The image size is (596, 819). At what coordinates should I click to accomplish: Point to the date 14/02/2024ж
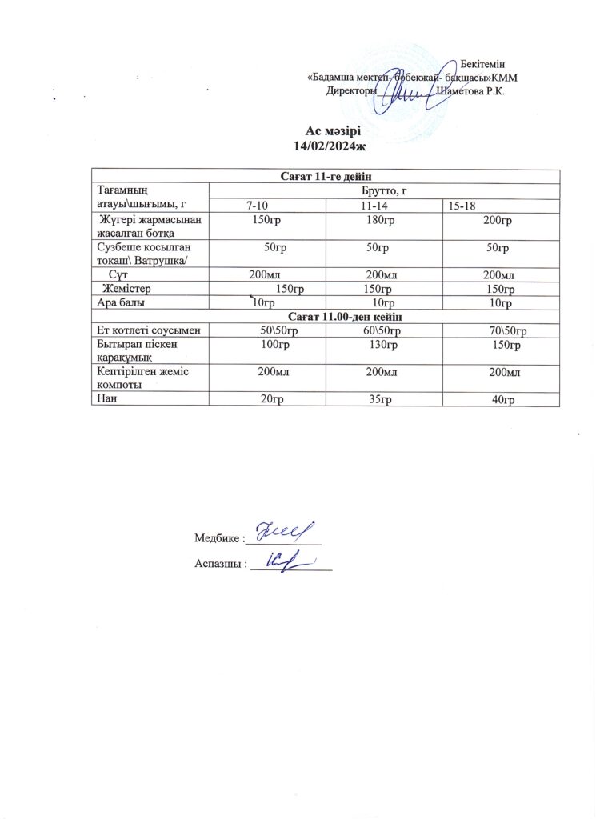(x=330, y=146)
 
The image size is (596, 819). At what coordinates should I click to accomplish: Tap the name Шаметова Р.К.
(x=473, y=91)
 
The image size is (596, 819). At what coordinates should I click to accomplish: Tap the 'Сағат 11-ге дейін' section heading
(x=326, y=176)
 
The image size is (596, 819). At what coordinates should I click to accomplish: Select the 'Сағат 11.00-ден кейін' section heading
(x=326, y=317)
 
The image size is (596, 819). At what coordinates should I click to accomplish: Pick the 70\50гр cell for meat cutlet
(x=506, y=330)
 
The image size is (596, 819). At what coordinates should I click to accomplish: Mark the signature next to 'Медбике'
(x=282, y=532)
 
